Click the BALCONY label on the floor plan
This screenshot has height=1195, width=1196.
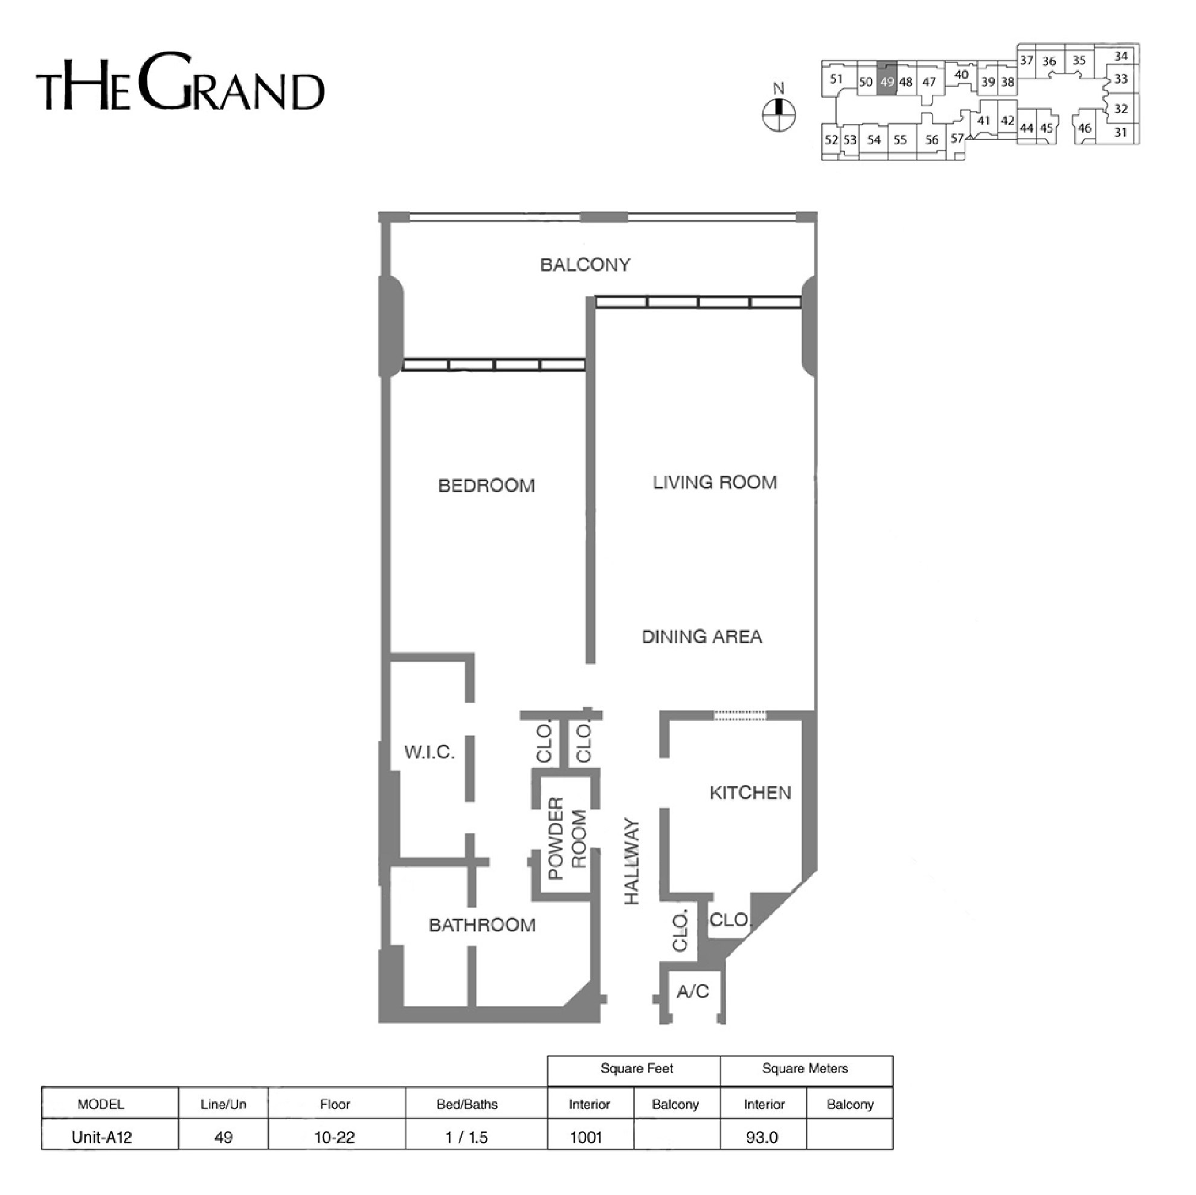(585, 265)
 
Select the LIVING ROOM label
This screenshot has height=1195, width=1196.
(715, 482)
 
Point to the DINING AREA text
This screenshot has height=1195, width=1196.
(702, 637)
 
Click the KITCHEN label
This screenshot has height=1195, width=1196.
(750, 793)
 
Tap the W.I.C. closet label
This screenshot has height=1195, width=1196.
(429, 752)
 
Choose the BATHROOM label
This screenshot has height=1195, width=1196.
(482, 925)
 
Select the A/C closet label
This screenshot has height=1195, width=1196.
(693, 992)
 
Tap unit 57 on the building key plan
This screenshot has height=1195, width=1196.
(957, 138)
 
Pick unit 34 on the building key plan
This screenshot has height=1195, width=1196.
(1121, 56)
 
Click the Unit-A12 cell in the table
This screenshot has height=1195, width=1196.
(101, 1137)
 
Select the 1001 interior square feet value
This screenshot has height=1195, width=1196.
(586, 1137)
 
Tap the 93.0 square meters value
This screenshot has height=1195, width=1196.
(762, 1137)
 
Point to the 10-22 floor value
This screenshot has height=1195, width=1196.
(335, 1137)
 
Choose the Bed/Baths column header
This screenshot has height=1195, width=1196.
(467, 1104)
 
